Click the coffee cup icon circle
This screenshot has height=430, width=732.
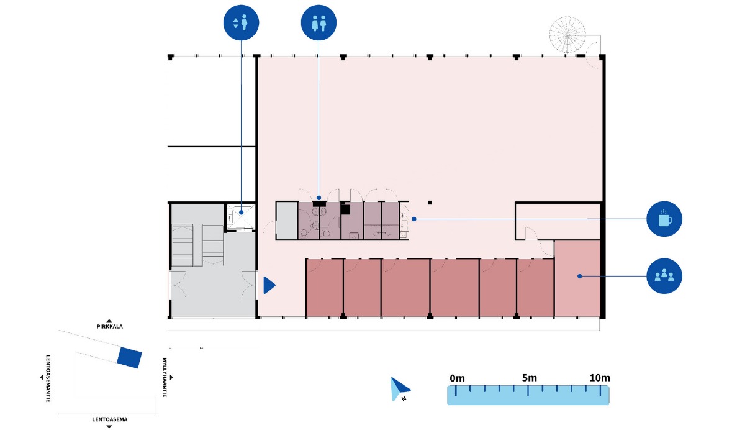(664, 219)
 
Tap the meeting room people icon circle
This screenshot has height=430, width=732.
(664, 275)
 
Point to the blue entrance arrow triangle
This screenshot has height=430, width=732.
(269, 285)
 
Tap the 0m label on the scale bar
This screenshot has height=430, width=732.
(457, 378)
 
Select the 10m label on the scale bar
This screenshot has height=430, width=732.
(599, 378)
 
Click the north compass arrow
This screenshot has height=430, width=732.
(398, 388)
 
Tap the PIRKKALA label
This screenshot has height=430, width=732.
(109, 326)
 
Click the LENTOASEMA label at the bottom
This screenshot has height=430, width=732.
(109, 419)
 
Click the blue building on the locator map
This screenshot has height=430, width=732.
(130, 357)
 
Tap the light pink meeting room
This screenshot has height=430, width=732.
(577, 278)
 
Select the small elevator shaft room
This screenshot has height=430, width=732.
(240, 217)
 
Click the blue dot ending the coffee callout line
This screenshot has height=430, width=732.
(414, 219)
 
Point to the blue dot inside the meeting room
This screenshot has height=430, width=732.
(579, 275)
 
